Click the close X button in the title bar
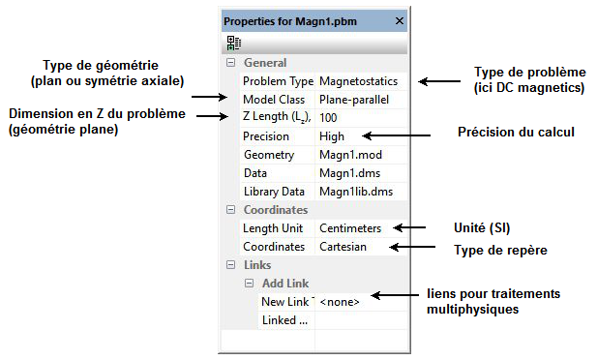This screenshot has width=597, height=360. [x=400, y=20]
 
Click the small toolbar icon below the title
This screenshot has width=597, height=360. [x=233, y=43]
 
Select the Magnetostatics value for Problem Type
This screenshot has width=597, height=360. [x=357, y=81]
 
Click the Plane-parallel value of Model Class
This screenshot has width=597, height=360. [x=352, y=100]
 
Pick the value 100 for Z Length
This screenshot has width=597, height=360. [x=329, y=118]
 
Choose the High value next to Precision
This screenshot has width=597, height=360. [x=332, y=136]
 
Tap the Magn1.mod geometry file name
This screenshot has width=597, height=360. [x=345, y=155]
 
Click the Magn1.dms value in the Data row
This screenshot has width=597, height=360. [x=345, y=173]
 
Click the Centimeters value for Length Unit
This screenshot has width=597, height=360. [x=350, y=228]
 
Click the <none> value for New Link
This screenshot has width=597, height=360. [x=340, y=302]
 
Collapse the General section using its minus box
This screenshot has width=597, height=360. [x=230, y=63]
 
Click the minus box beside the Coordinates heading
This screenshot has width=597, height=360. [x=230, y=210]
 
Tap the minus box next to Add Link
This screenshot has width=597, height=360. [x=249, y=284]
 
